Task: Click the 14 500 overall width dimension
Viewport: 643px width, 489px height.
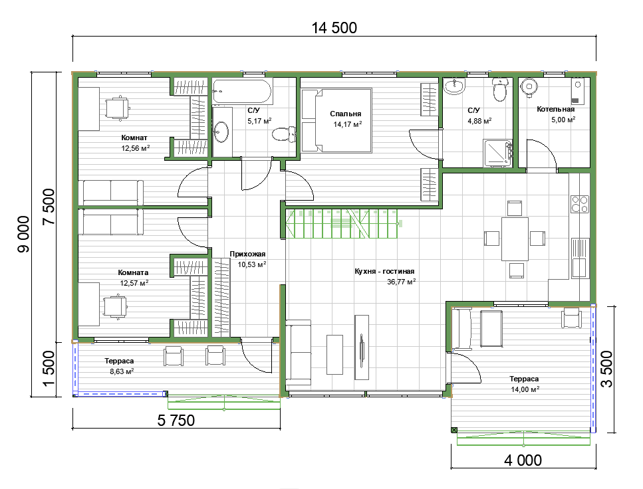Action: (334, 28)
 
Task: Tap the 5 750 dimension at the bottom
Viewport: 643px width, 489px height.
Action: (176, 421)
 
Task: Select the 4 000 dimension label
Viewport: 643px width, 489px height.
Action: (523, 460)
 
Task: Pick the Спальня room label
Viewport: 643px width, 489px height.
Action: (345, 114)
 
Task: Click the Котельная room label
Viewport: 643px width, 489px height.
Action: (556, 110)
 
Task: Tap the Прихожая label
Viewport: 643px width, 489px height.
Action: (247, 254)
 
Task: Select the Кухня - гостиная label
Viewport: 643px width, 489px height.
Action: (384, 271)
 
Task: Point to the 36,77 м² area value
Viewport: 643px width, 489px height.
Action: (402, 282)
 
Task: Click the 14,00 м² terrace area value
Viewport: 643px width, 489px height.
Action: (525, 389)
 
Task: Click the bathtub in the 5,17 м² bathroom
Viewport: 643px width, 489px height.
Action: (242, 92)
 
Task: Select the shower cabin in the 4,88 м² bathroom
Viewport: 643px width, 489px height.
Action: (498, 153)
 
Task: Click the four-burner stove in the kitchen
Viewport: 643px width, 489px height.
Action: (580, 204)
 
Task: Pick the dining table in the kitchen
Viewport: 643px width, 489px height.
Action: (515, 239)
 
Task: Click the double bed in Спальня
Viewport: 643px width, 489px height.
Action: (336, 120)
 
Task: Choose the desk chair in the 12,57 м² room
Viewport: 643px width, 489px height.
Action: (115, 306)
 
